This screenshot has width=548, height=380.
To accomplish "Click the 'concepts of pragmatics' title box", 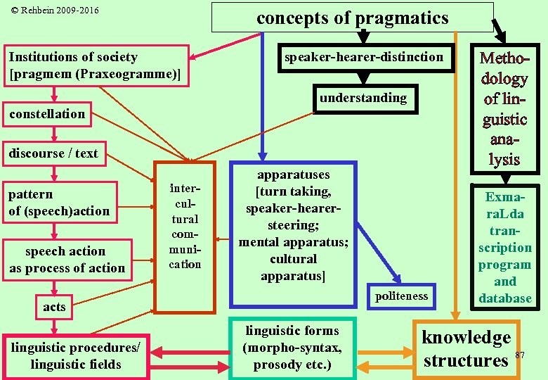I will [x=352, y=18].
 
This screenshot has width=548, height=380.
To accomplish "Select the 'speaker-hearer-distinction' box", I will [x=363, y=58].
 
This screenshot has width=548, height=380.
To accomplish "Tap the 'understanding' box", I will [x=363, y=98].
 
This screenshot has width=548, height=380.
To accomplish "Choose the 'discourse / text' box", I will [x=53, y=153].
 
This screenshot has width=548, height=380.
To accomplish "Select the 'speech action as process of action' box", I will [x=67, y=260].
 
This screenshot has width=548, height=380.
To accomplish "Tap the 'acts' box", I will [x=54, y=307].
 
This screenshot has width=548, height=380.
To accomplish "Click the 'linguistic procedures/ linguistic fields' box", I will [x=75, y=356].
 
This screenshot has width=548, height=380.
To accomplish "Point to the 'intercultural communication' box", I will [x=185, y=236].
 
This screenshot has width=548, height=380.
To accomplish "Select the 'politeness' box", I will [x=401, y=296].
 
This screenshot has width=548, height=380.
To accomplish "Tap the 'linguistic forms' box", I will [x=292, y=348].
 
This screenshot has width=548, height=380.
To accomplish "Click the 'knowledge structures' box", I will [x=466, y=349].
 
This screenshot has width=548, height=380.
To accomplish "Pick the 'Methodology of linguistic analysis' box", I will [x=504, y=108].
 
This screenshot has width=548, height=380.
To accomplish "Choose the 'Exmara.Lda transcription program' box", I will [x=504, y=248].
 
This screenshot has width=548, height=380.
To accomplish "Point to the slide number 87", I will [x=520, y=354].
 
